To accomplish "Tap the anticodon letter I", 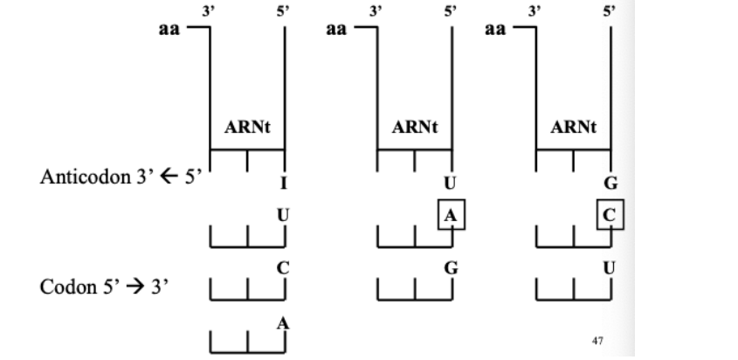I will click(x=283, y=183).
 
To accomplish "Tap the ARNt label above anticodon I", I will click(x=248, y=128).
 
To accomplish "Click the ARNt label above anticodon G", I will click(x=575, y=128).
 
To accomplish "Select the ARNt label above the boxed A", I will click(x=415, y=128).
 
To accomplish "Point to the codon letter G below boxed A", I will click(x=451, y=268).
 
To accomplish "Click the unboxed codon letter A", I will click(x=282, y=322).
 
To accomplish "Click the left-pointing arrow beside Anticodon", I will click(x=162, y=177).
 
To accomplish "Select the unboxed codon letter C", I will click(x=282, y=268).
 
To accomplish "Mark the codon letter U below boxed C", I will click(x=610, y=268).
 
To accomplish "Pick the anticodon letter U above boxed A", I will click(x=451, y=183).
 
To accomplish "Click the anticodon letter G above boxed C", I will click(x=610, y=183).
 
